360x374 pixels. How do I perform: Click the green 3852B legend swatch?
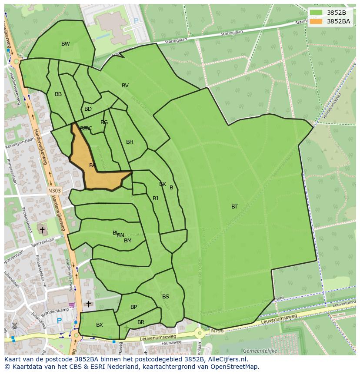[316, 13]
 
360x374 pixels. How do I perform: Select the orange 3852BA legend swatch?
[316, 21]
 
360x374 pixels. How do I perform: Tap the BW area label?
[65, 44]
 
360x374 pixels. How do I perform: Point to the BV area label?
[125, 86]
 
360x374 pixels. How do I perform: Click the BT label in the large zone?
[234, 207]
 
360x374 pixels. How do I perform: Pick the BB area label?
[58, 94]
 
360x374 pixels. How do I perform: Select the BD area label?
[88, 109]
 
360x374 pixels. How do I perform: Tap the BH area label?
[130, 142]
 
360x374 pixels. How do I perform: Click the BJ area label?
[155, 199]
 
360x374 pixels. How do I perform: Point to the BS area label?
[165, 297]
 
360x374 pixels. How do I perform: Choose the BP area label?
[133, 307]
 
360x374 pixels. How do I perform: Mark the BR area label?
[140, 322]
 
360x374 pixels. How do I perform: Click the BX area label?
[100, 325]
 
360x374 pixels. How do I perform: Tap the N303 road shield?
[54, 190]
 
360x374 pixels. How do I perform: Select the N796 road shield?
[217, 331]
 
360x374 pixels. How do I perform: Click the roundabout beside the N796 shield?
[200, 333]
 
